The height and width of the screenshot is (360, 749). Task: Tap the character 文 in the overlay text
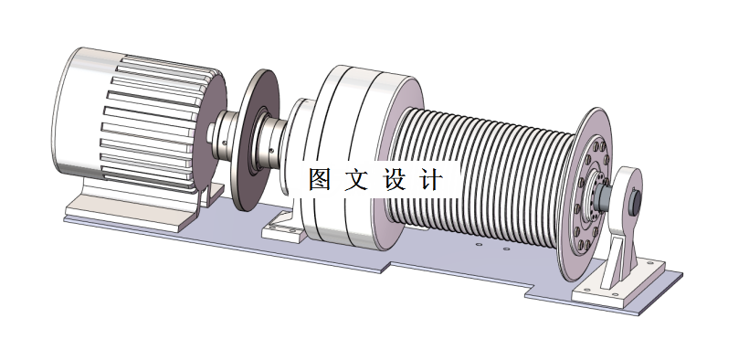[x=356, y=179]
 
